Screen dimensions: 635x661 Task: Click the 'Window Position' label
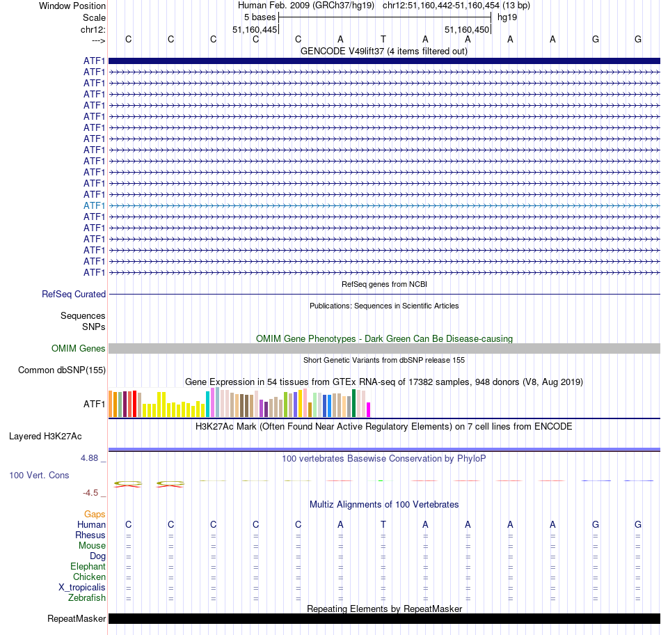click(72, 6)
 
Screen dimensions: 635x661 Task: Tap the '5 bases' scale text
click(260, 17)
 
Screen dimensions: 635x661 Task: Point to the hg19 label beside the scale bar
click(507, 17)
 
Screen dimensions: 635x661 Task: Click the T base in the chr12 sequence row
click(383, 39)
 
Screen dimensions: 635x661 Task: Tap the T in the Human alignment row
click(383, 524)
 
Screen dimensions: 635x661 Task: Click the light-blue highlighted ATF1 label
click(94, 205)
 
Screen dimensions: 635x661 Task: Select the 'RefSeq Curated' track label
click(74, 295)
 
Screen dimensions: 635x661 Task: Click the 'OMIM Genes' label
click(78, 348)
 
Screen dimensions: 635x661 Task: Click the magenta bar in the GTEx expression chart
click(369, 409)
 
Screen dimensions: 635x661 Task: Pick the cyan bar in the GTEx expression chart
click(208, 404)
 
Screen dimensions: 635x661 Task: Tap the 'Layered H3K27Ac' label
click(45, 437)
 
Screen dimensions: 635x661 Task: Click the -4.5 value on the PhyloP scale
click(90, 492)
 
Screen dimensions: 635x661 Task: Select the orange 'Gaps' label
click(95, 514)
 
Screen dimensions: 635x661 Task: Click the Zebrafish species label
click(87, 597)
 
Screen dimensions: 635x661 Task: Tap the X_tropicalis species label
click(82, 587)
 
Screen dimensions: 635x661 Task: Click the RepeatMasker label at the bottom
click(77, 618)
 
